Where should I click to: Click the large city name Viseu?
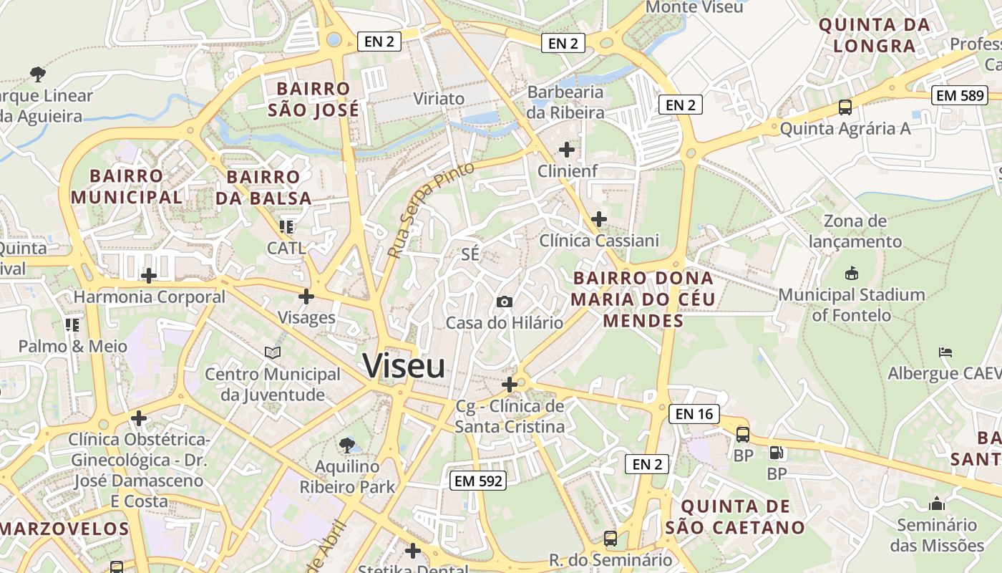404,366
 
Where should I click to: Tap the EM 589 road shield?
959,95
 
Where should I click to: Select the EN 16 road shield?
694,413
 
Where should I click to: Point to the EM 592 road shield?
479,481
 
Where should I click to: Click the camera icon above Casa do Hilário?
505,302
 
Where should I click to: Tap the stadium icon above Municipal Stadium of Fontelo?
852,273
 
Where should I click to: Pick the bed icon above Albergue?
945,352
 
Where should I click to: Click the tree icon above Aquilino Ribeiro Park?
347,446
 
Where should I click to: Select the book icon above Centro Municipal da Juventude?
272,352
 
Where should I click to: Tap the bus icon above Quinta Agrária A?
845,107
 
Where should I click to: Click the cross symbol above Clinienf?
567,150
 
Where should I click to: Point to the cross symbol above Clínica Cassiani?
599,218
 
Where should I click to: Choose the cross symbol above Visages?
306,296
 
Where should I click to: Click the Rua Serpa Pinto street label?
430,209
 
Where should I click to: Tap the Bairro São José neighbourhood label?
313,100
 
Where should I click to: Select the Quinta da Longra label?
875,36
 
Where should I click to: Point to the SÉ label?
470,254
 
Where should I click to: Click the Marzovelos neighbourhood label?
64,529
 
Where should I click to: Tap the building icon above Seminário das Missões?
937,504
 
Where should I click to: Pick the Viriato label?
439,98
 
